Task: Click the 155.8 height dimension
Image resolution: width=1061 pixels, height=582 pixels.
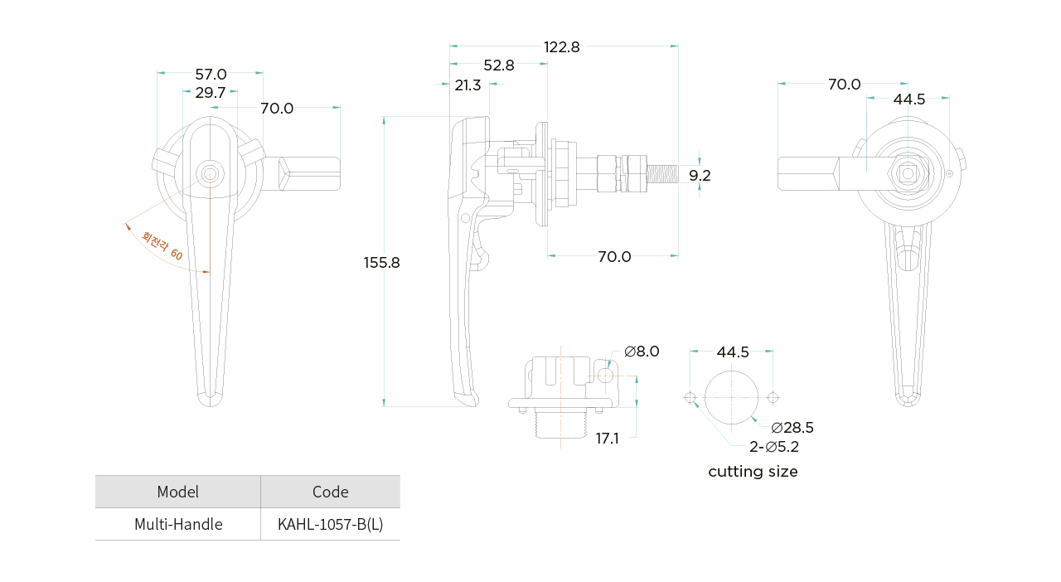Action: coord(381,263)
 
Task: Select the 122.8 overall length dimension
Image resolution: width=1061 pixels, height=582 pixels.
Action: coord(562,47)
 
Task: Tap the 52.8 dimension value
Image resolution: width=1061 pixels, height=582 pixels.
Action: coord(498,65)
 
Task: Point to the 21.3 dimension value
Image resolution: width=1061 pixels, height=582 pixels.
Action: coord(468,85)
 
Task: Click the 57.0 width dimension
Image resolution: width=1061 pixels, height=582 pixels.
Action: coord(211,75)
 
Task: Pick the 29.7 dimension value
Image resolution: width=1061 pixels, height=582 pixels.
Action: coord(211,93)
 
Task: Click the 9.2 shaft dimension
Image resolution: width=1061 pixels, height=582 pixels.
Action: coord(700,176)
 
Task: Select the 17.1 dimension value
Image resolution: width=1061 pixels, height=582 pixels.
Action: coord(607,439)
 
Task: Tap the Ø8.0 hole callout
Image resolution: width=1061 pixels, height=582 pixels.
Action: coord(642,352)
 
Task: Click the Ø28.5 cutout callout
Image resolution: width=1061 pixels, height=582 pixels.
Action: coord(792,428)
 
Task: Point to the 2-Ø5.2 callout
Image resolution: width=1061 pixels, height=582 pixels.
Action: coord(774,448)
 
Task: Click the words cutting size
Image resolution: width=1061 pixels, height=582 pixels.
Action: coord(753,472)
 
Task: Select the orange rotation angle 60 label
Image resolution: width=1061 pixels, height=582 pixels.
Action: coord(162,246)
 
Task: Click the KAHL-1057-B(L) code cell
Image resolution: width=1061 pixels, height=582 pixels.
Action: coord(330,525)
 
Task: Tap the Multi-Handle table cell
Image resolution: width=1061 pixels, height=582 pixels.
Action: coord(178,525)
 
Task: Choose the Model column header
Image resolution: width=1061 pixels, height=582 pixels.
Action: coord(178,492)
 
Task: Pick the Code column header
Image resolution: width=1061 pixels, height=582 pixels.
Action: coord(330,492)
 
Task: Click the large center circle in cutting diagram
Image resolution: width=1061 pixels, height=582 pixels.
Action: coord(731,397)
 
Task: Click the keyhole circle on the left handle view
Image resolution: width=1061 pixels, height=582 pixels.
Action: coord(210,173)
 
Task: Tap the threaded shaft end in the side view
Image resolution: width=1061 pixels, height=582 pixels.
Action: coord(663,174)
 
